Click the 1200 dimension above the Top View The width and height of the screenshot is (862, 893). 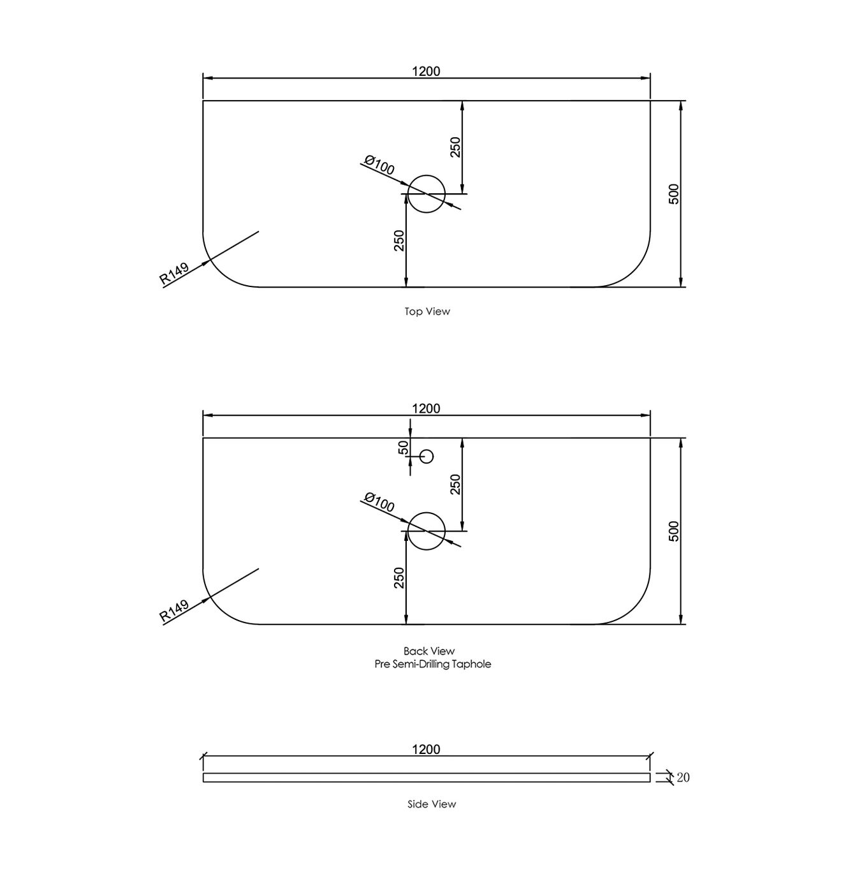[x=426, y=71]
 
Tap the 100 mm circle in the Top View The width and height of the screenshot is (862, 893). [x=426, y=193]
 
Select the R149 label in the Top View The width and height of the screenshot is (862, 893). [x=174, y=272]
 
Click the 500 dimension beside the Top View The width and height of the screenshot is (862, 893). [x=675, y=194]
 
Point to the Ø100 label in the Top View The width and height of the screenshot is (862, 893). [x=379, y=165]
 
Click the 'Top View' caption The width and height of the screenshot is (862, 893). [x=427, y=311]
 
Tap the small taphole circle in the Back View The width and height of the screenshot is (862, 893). [x=427, y=457]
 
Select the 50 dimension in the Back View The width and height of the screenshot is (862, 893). [x=403, y=448]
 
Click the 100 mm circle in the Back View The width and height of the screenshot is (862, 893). [x=426, y=531]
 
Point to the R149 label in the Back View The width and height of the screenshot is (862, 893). [x=174, y=610]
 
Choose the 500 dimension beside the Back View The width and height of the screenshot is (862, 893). [x=675, y=531]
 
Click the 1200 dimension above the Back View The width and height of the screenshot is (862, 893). [x=426, y=409]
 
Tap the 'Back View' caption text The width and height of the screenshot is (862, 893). [x=429, y=651]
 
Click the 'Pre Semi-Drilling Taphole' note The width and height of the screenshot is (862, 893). [x=432, y=664]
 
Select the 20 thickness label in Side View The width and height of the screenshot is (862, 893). [x=683, y=778]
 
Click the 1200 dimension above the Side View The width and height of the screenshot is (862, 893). [x=426, y=749]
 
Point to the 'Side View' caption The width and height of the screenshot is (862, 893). [x=432, y=804]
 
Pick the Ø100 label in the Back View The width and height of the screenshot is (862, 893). [x=379, y=503]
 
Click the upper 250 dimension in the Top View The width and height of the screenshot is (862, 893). [x=455, y=147]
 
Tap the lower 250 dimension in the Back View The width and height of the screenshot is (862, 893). [x=400, y=578]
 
